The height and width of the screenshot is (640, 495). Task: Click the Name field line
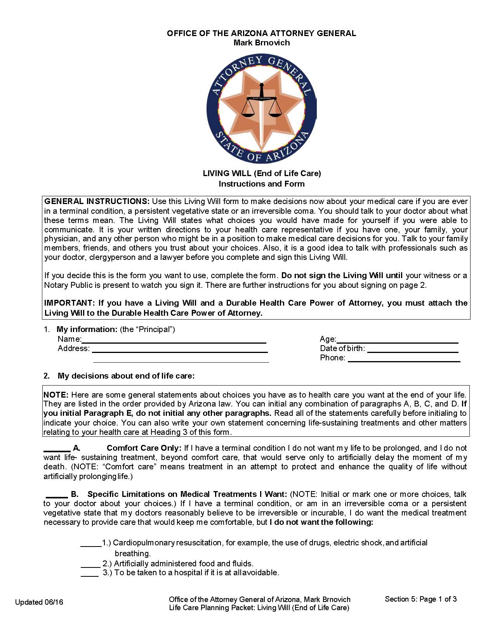click(174, 342)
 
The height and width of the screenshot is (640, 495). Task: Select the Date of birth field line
click(413, 351)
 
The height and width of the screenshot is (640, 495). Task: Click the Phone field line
click(404, 360)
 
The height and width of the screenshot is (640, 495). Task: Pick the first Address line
click(180, 351)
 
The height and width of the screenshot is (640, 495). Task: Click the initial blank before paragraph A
click(57, 450)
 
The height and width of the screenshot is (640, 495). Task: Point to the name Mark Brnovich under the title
click(261, 43)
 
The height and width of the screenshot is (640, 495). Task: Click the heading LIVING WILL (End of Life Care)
click(262, 173)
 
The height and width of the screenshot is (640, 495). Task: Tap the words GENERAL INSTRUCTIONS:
click(97, 201)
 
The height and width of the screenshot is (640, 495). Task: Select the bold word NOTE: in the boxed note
click(56, 395)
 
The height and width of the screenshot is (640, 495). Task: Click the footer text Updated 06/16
click(39, 602)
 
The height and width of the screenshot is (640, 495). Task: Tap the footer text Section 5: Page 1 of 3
click(420, 599)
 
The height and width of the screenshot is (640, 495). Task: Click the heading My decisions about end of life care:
click(126, 376)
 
